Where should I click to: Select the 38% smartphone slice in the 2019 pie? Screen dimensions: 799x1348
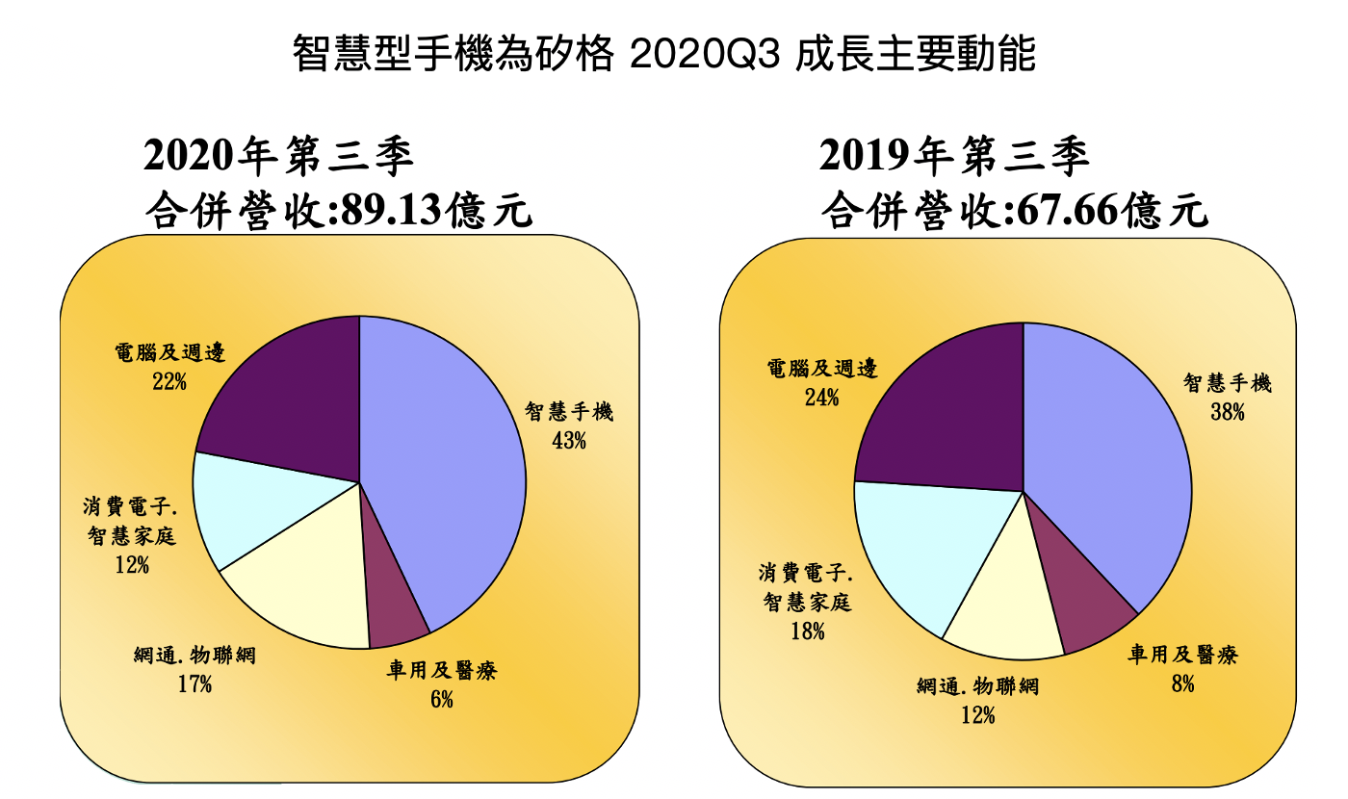tap(1107, 472)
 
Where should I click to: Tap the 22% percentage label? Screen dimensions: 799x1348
tap(168, 382)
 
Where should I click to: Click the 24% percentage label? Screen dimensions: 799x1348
tap(822, 397)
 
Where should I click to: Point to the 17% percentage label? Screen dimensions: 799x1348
tap(194, 684)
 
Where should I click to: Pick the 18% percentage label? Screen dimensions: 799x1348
tap(807, 631)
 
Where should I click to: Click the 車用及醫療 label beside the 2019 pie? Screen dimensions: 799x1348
tap(1182, 656)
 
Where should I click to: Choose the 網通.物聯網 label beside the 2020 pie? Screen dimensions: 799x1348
tap(195, 657)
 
